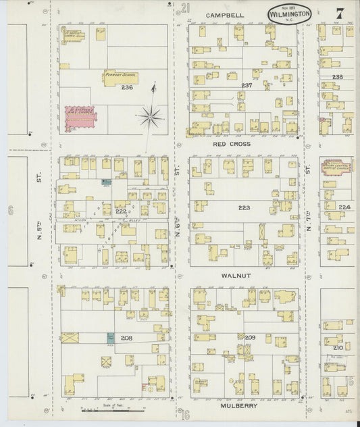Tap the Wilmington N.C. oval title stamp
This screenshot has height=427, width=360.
(289, 14)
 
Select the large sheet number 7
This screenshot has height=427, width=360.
(338, 13)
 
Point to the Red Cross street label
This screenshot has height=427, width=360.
(232, 144)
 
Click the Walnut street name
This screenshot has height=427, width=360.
(235, 276)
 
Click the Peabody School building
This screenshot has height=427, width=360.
(121, 78)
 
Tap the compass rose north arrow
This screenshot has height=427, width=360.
(151, 114)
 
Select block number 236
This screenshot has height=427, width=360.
(127, 88)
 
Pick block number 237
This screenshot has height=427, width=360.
(247, 85)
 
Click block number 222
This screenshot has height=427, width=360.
(120, 211)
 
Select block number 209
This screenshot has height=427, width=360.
(250, 337)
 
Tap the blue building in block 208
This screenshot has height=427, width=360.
(109, 337)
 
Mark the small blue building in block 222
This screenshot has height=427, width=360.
(105, 182)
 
